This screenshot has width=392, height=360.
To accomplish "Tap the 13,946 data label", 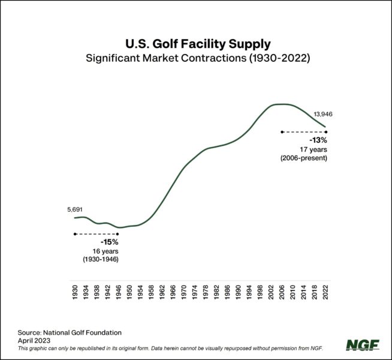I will coord(324,113).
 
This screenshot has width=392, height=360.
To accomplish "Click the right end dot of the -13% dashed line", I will coord(325,131).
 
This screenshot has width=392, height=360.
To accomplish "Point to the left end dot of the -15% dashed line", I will coord(74,233).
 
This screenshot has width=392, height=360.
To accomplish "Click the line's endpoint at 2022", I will coord(325,127).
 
